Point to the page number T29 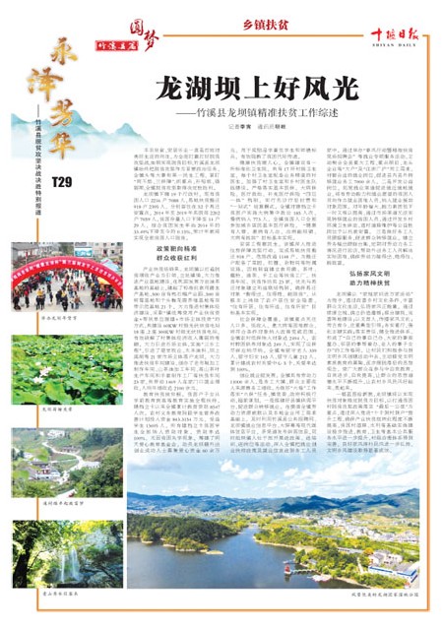pyautogui.click(x=62, y=183)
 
